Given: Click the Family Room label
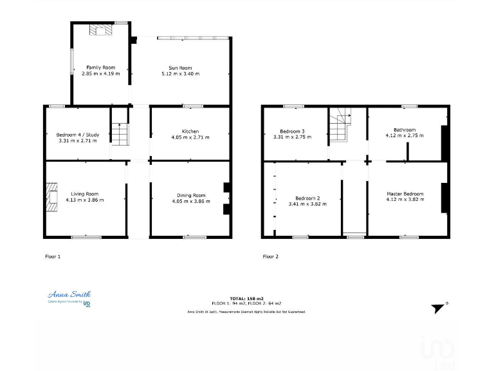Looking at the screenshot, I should point(100,67).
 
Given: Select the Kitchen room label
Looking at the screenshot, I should point(190,131).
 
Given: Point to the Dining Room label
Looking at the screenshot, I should point(191,195).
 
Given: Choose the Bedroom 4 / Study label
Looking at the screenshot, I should point(77,134).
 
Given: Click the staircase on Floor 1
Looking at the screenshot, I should point(119,133).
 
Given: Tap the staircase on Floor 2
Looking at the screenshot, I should point(339,125).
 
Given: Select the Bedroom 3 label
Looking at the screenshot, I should point(293,131).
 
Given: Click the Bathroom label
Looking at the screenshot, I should point(405,129).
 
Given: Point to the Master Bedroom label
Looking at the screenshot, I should point(405,194).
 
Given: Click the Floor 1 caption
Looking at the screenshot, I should point(53,256).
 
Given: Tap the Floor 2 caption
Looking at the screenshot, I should point(271,256).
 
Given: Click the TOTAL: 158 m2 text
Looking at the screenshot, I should point(246,298).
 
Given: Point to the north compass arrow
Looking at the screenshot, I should point(439,308).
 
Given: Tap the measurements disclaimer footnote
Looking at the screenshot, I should point(246,312).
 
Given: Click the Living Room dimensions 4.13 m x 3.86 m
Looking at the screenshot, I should point(84,200).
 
